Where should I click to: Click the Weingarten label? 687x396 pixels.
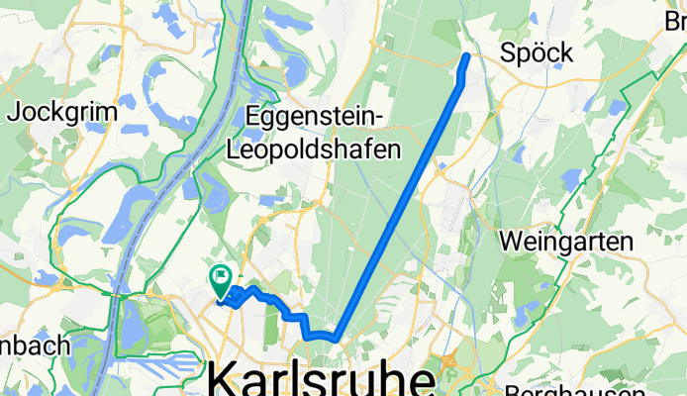(567, 240)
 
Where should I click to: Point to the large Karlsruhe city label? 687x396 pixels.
(322, 380)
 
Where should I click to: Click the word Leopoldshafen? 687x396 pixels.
(314, 150)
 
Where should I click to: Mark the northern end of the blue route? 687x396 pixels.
(467, 55)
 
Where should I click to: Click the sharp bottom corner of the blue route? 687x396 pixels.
(337, 339)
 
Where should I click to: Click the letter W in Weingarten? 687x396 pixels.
(512, 240)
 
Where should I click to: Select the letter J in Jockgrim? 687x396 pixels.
(13, 112)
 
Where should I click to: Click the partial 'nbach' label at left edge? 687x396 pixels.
(34, 346)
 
